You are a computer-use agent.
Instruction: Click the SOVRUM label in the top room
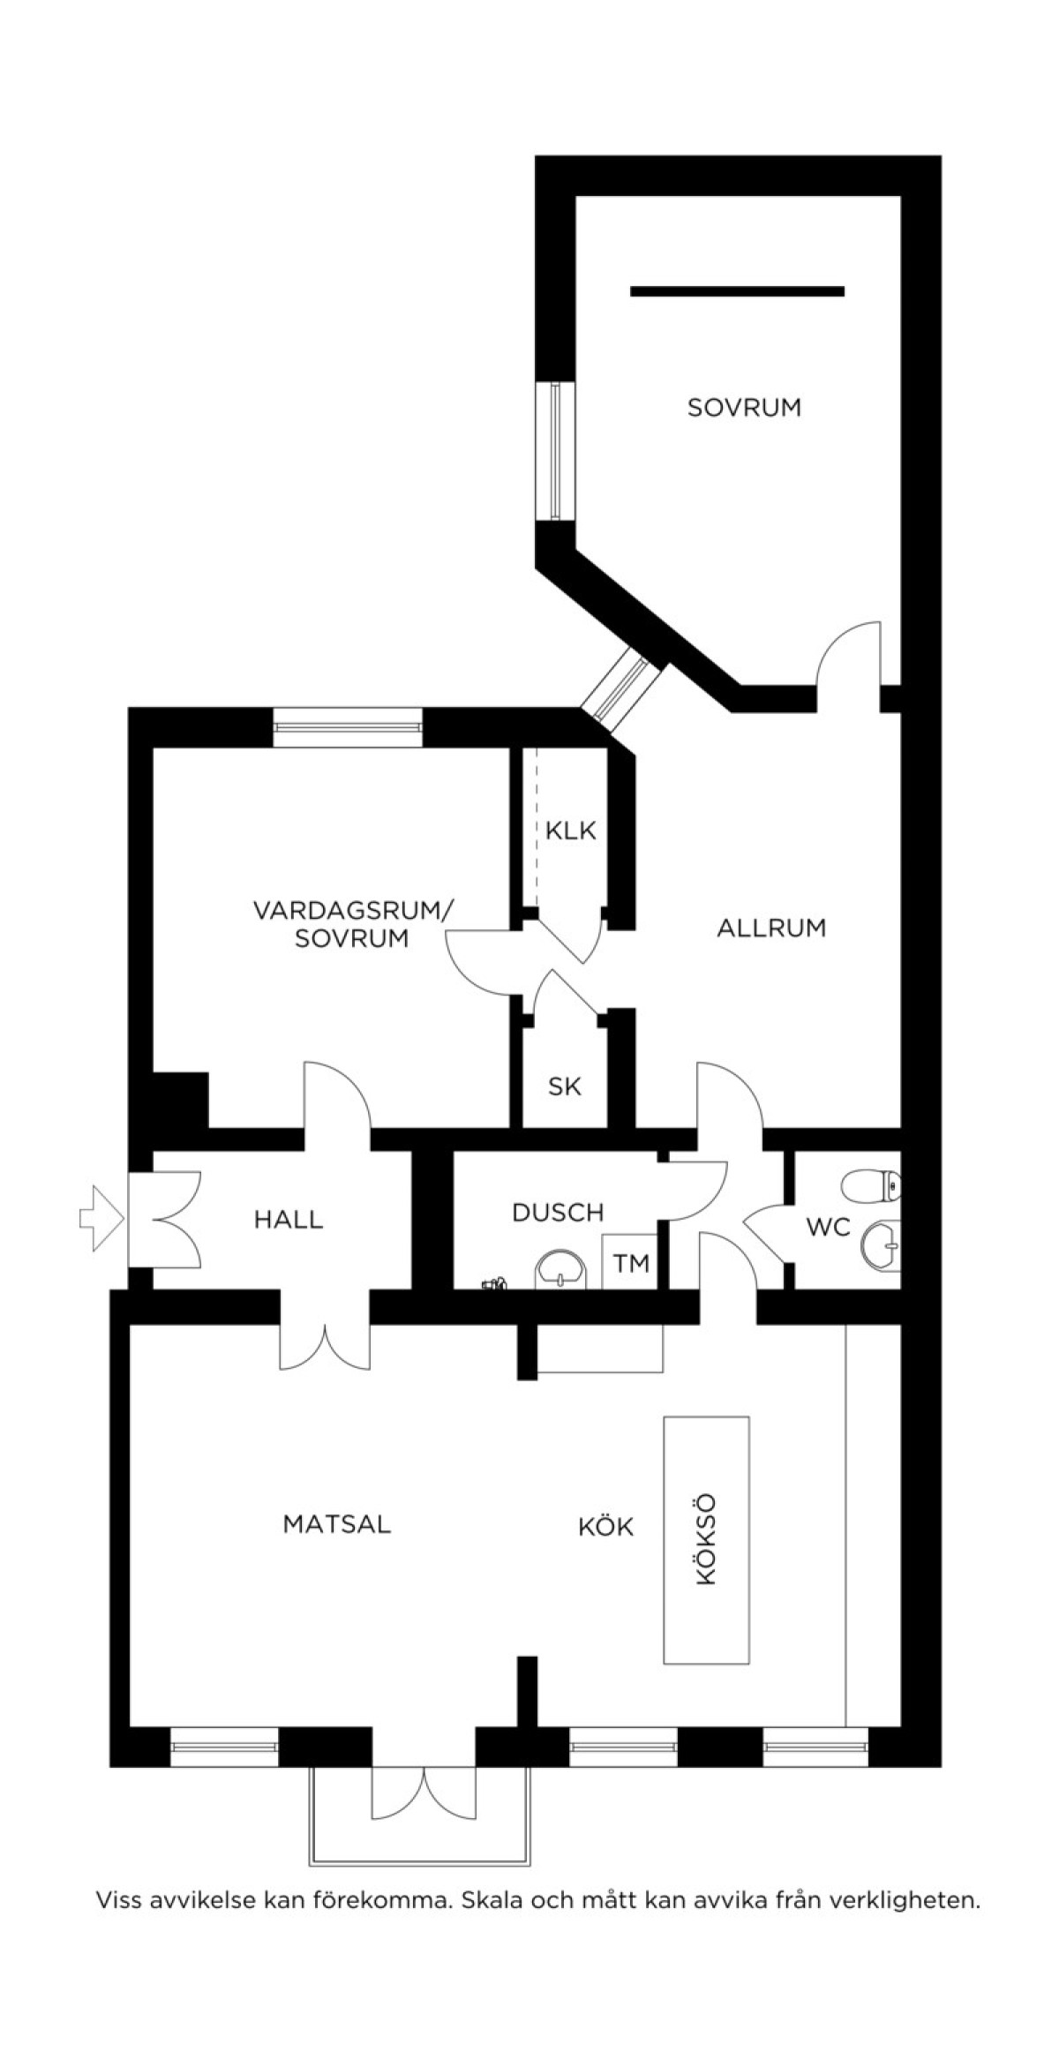[744, 408]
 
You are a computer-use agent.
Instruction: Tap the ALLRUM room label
[771, 928]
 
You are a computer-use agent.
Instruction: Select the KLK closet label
[571, 831]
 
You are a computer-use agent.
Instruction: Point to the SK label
[565, 1086]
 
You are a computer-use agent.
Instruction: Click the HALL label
[289, 1220]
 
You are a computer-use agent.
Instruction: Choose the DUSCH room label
[558, 1212]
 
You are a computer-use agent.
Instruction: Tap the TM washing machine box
[631, 1263]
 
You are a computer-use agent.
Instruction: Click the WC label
[828, 1227]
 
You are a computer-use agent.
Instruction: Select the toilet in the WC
[872, 1186]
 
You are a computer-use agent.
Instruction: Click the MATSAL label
[337, 1524]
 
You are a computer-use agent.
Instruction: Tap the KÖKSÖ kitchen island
[706, 1540]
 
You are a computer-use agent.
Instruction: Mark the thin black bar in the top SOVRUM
[737, 291]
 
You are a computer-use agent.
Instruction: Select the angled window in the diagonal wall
[623, 684]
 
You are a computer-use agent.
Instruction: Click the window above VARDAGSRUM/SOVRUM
[347, 727]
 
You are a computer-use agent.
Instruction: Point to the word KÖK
[606, 1527]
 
